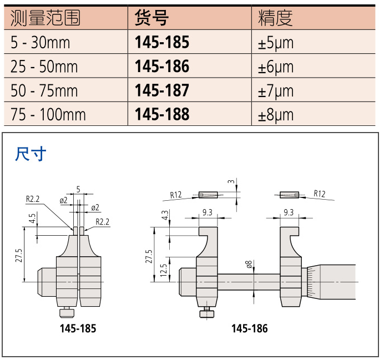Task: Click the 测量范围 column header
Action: click(46, 18)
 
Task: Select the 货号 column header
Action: click(151, 18)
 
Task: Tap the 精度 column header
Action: click(275, 18)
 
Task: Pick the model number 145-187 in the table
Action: click(162, 90)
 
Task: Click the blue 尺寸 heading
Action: click(31, 154)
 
